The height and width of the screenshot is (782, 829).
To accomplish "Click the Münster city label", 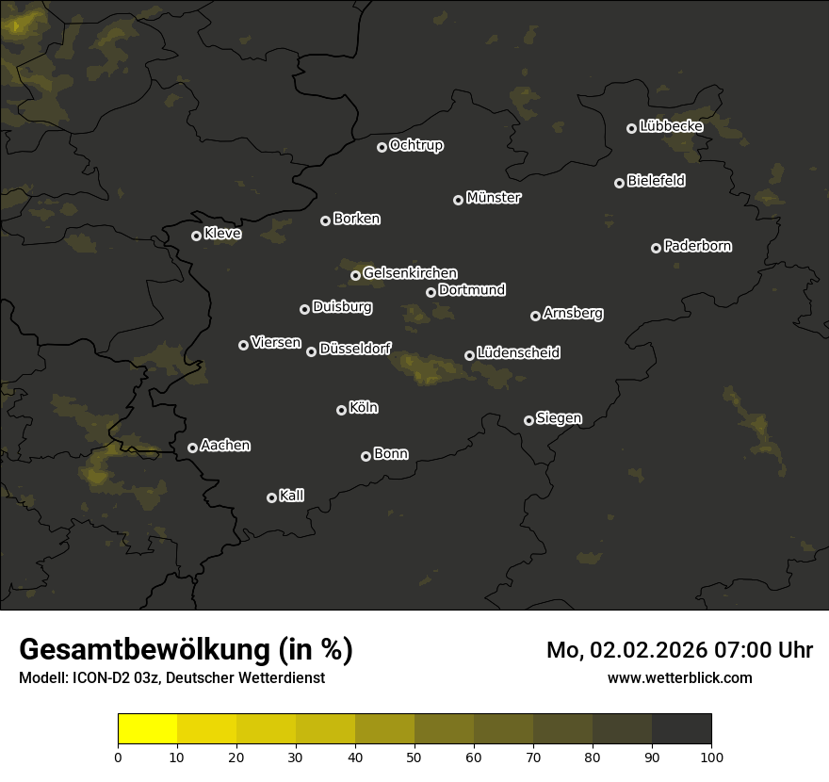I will pos(493,198).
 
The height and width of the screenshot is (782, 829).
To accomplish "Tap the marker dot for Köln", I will pos(341,410).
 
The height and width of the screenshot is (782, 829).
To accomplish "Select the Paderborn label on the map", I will pos(697,246).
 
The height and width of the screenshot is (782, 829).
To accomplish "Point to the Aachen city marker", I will pos(192,448).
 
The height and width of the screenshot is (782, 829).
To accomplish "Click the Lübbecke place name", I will pos(671,126).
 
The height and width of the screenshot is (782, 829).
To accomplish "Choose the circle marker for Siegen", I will pos(528,420).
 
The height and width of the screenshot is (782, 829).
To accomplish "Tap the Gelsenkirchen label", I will pos(410,273).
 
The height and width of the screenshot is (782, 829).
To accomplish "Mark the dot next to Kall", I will pos(271,497).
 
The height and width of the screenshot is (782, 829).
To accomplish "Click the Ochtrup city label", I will pos(415,145).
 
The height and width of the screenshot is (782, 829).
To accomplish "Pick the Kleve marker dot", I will pos(196,236).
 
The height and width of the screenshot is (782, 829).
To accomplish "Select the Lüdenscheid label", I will pos(518,353).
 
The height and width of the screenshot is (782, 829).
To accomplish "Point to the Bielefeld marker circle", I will pos(619,183).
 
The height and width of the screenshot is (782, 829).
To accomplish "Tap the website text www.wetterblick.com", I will pos(679,677).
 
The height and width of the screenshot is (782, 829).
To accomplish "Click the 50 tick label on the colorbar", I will pos(414,757).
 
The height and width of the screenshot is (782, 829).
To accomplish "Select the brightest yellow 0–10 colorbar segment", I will pos(147,729).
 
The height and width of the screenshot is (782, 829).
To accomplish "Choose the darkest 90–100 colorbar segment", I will pos(681,729).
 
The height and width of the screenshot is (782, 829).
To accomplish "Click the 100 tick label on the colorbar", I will pos(711,757).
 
